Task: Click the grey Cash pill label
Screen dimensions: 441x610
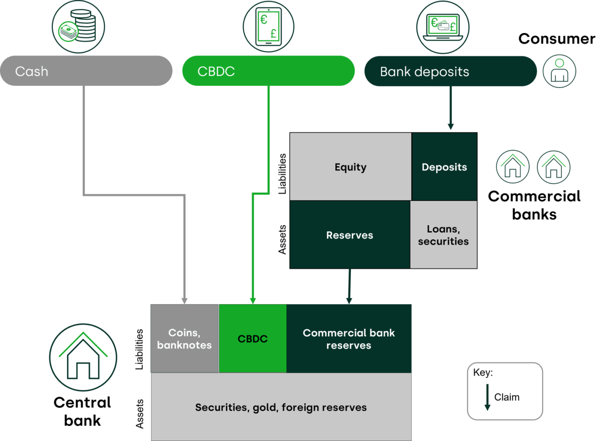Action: pyautogui.click(x=86, y=71)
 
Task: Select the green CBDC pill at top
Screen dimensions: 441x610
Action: pyautogui.click(x=268, y=71)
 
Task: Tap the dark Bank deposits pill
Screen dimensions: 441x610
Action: pyautogui.click(x=450, y=71)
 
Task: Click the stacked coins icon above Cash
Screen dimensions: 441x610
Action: pyautogui.click(x=79, y=27)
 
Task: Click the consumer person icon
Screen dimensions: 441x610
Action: pyautogui.click(x=559, y=71)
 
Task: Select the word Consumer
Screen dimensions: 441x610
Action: pyautogui.click(x=556, y=39)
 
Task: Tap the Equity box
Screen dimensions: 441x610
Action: pyautogui.click(x=350, y=167)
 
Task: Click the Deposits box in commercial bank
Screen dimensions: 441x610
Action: pyautogui.click(x=444, y=167)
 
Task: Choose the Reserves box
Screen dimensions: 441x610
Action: pyautogui.click(x=350, y=235)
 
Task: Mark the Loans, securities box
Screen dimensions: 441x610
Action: pyautogui.click(x=443, y=235)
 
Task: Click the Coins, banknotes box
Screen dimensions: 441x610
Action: pyautogui.click(x=185, y=339)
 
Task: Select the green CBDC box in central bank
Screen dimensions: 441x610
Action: pyautogui.click(x=252, y=339)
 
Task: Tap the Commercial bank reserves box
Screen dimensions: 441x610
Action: pyautogui.click(x=349, y=339)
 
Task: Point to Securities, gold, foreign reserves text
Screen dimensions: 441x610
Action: pyautogui.click(x=281, y=407)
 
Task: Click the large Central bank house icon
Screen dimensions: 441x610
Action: pyautogui.click(x=83, y=357)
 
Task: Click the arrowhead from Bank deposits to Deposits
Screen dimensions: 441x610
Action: pyautogui.click(x=451, y=127)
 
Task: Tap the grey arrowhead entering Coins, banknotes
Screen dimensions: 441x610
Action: pyautogui.click(x=185, y=301)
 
